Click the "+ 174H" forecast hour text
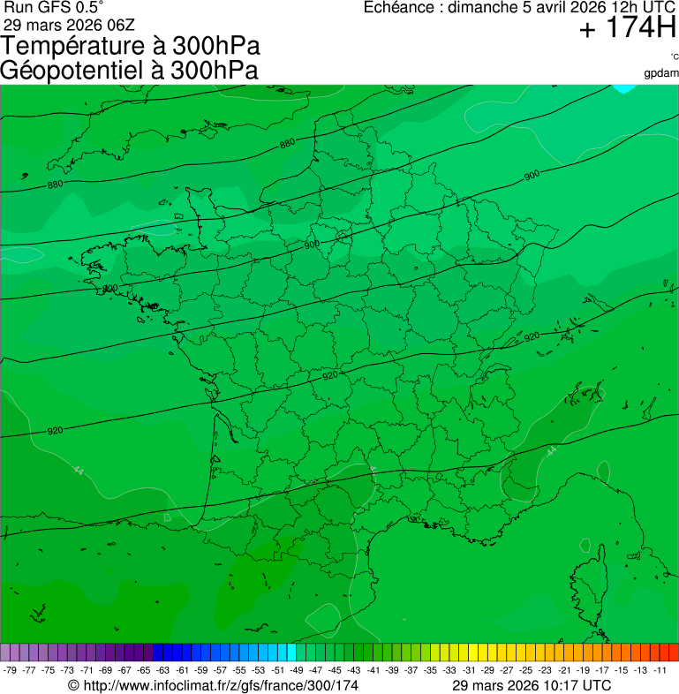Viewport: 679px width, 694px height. (627, 30)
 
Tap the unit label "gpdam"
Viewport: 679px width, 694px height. (661, 72)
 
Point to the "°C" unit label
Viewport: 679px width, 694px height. (674, 57)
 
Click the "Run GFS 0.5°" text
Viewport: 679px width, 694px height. (53, 8)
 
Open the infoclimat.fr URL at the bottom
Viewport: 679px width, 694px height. (221, 684)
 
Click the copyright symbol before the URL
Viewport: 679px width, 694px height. (73, 684)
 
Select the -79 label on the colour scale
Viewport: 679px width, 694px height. (11, 669)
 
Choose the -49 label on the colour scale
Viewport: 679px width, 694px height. (297, 669)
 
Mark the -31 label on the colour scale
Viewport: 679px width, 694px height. (469, 669)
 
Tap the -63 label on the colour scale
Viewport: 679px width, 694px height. (163, 669)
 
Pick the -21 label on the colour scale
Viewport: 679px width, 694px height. (564, 669)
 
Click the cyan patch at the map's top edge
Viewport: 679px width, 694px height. (627, 88)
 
